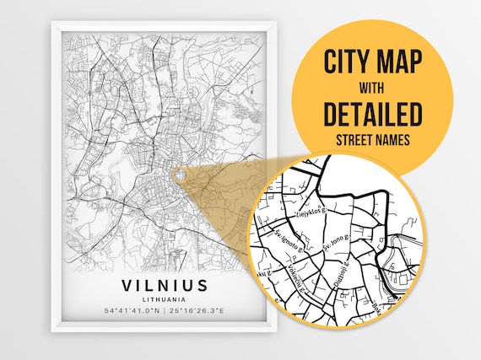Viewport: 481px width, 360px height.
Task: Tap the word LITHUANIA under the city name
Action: click(x=165, y=298)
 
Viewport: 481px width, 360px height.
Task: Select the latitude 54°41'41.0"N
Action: click(x=131, y=310)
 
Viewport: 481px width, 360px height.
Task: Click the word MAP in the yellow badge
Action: click(x=399, y=62)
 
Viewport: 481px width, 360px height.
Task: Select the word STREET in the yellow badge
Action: click(x=353, y=137)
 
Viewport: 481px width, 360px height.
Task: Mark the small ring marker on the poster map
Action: click(x=179, y=174)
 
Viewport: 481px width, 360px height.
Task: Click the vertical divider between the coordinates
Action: click(x=165, y=310)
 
